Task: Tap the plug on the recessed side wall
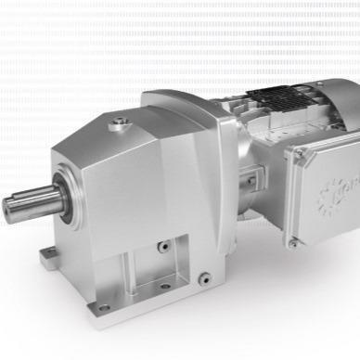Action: pyautogui.click(x=163, y=248)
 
